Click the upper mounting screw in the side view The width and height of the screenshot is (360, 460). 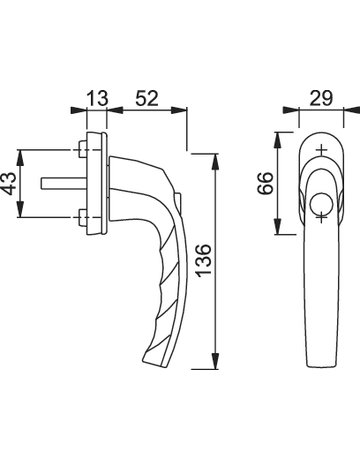[81, 152]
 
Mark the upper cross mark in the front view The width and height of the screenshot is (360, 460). [320, 152]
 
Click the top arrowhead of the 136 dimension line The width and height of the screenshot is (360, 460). [215, 156]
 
